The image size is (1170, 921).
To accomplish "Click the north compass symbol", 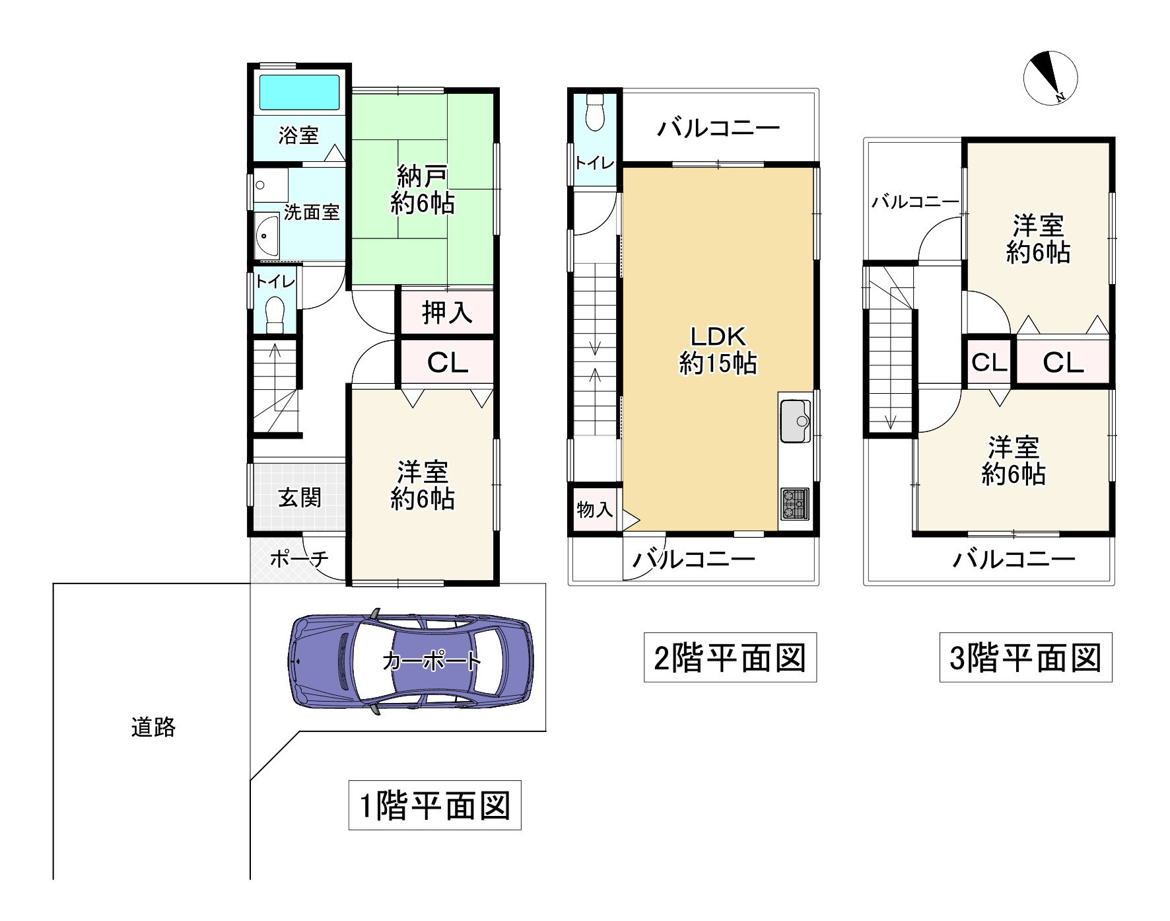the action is click(x=1050, y=77).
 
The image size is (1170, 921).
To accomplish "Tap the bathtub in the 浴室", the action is click(x=299, y=92).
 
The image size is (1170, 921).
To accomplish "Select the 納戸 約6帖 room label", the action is click(x=422, y=190).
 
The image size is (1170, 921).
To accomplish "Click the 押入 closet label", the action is click(x=447, y=312).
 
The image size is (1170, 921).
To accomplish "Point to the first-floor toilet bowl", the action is click(x=274, y=315).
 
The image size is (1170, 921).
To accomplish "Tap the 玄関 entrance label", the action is click(x=300, y=497).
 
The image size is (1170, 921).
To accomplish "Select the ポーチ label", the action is click(x=299, y=559).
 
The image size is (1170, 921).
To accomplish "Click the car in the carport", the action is click(x=411, y=661).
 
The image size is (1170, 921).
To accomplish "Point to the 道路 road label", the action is click(x=153, y=727).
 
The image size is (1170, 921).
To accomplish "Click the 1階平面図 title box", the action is click(x=434, y=805).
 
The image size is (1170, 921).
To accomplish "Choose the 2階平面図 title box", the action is click(x=730, y=657).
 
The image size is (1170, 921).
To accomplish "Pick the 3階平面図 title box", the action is click(x=1026, y=657).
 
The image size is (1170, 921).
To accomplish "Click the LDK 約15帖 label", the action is click(x=718, y=350).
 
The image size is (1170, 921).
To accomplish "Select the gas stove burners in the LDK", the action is click(x=795, y=503).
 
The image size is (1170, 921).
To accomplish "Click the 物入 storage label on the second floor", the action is click(x=595, y=509).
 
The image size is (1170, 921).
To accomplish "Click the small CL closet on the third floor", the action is click(x=989, y=361).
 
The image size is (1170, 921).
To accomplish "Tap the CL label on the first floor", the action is click(x=447, y=362).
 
